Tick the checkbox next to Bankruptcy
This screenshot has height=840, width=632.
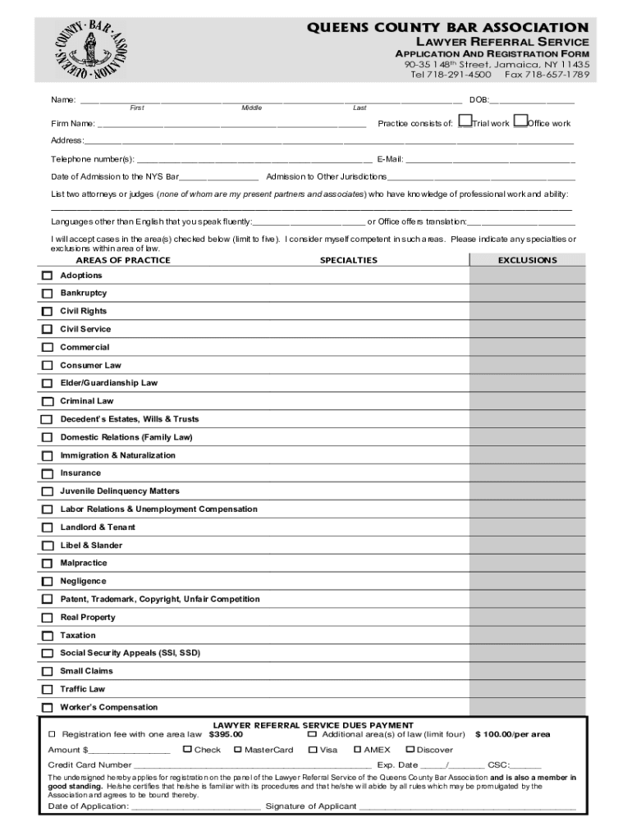coord(47,294)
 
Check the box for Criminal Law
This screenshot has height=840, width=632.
coord(47,402)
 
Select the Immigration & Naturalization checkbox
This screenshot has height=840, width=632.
coord(47,456)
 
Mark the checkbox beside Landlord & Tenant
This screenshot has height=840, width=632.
coord(47,528)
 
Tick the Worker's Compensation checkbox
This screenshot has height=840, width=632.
coord(47,708)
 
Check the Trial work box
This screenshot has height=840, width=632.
coord(465,122)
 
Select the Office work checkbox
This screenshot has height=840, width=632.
coord(520,122)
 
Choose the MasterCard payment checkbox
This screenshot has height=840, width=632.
coord(238,749)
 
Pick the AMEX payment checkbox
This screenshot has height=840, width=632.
coord(358,749)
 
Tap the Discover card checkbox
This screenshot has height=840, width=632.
coord(410,749)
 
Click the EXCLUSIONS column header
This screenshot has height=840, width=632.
coord(527,260)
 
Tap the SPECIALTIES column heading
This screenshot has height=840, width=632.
coord(348,260)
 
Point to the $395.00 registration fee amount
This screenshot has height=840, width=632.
coord(226,734)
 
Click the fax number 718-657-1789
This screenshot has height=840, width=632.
coord(547,75)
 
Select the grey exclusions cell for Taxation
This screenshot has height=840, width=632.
coord(527,636)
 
